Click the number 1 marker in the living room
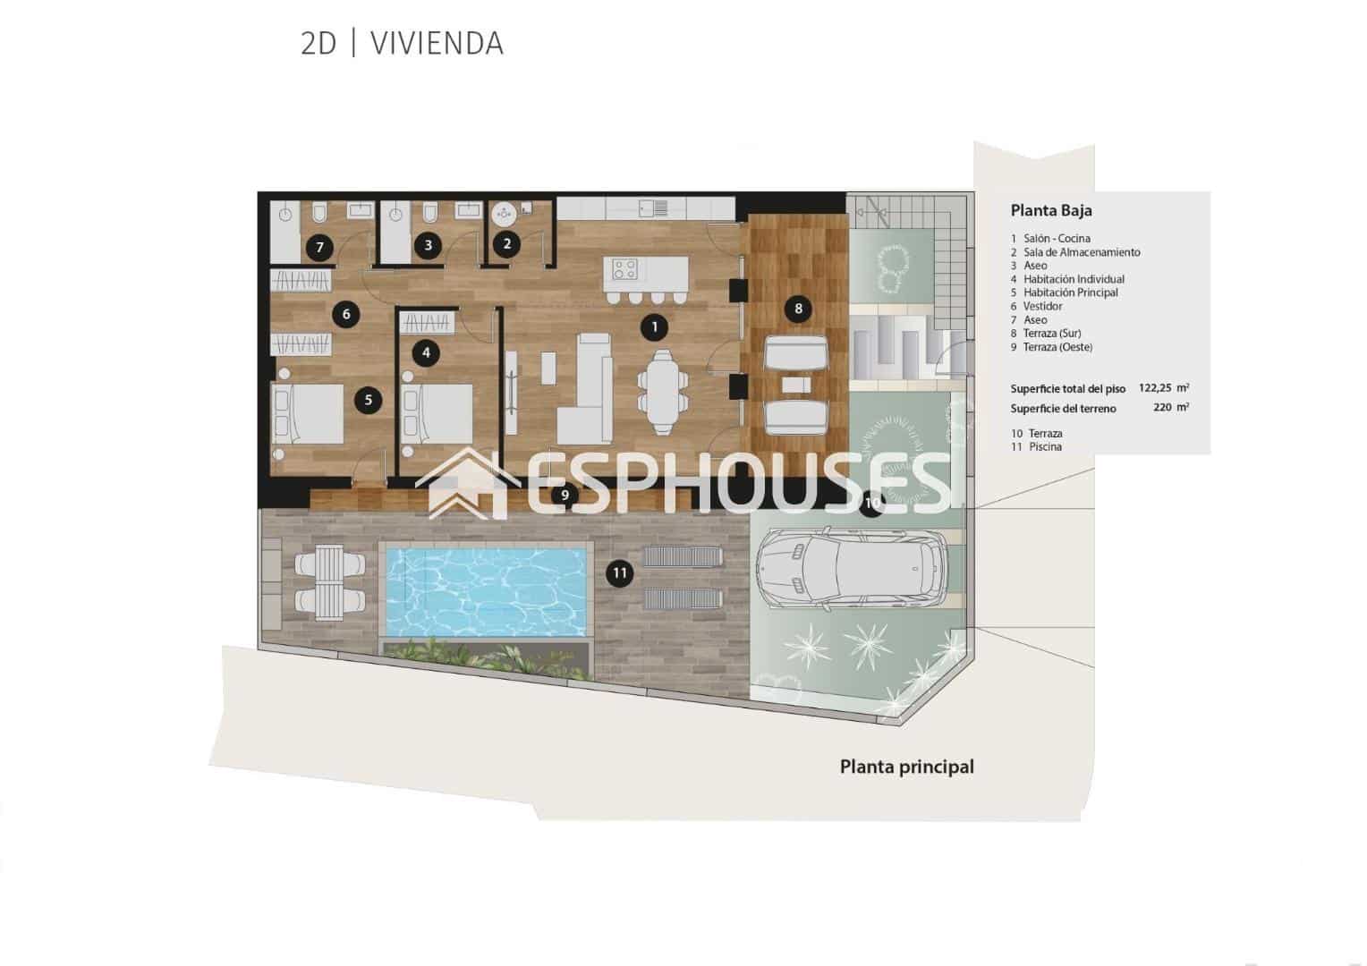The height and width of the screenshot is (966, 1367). click(x=654, y=327)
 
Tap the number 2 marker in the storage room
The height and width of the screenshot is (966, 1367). click(x=507, y=243)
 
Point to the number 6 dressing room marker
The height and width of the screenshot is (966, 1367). click(x=345, y=314)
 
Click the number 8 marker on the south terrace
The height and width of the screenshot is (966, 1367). click(x=798, y=309)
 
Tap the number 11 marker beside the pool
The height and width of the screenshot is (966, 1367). click(x=619, y=573)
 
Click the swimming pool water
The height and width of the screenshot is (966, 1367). click(x=484, y=591)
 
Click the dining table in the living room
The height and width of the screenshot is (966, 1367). click(x=663, y=392)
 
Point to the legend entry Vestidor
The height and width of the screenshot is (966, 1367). click(x=1042, y=306)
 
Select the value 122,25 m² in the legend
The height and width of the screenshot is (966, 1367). click(x=1163, y=388)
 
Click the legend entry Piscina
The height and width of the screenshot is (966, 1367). click(x=1044, y=446)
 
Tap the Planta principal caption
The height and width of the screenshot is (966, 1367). click(x=906, y=767)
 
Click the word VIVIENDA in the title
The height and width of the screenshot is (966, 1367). click(x=437, y=44)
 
